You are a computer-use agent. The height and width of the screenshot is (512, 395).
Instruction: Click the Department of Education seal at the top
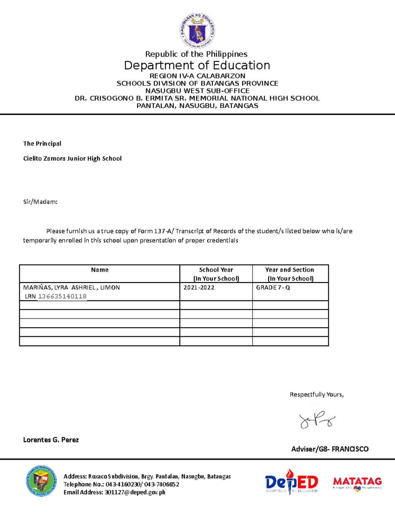click(197, 31)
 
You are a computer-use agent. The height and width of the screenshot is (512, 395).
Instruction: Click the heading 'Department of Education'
click(197, 65)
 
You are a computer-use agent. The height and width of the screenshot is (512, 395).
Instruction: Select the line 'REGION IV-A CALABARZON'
click(197, 76)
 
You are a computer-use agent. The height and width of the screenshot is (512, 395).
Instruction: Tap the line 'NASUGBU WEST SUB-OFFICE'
click(197, 91)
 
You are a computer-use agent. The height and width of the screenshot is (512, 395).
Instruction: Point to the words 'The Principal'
click(42, 143)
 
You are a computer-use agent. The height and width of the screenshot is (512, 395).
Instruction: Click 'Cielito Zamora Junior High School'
click(72, 159)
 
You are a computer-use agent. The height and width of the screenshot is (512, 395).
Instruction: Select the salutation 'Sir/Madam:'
click(40, 202)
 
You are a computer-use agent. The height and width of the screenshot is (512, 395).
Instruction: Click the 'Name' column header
click(100, 270)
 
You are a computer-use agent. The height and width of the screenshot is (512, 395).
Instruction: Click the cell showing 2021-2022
click(199, 287)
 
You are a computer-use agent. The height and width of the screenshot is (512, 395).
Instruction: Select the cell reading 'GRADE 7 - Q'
click(273, 287)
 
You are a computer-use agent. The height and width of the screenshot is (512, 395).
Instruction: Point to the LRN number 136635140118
click(62, 296)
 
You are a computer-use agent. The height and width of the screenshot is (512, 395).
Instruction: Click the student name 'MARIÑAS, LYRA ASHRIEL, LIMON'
click(71, 287)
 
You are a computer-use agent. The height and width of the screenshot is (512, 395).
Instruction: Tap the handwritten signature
click(317, 420)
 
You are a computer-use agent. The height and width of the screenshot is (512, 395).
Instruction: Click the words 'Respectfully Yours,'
click(317, 395)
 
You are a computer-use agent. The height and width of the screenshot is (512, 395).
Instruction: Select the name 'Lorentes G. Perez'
click(51, 440)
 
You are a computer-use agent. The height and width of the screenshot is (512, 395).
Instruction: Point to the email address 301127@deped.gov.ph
click(135, 492)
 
